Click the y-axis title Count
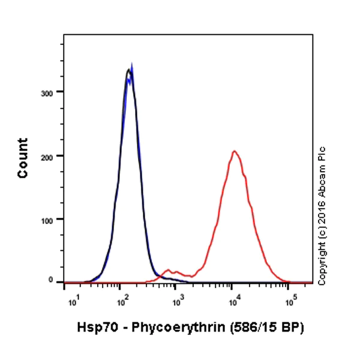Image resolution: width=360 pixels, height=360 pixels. [x=23, y=158]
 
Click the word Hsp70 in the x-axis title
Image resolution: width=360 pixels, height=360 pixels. [x=94, y=328]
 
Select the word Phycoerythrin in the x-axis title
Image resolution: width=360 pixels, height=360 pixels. [x=167, y=328]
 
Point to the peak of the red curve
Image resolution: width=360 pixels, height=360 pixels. [x=235, y=151]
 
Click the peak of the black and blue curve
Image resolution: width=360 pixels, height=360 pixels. [x=129, y=70]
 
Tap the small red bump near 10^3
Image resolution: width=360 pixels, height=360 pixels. [x=169, y=270]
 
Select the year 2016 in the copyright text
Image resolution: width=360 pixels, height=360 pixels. [x=322, y=220]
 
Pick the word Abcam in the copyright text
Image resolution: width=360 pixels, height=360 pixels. [x=322, y=192]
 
